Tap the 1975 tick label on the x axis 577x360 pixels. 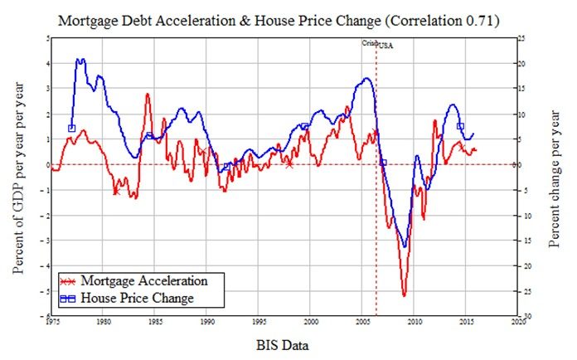pyautogui.click(x=51, y=321)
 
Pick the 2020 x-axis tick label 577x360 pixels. pyautogui.click(x=519, y=321)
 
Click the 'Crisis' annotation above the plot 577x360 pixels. pyautogui.click(x=369, y=42)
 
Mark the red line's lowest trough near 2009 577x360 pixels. pyautogui.click(x=404, y=295)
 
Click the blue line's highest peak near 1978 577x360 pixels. pyautogui.click(x=80, y=60)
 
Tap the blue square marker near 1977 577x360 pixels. pyautogui.click(x=72, y=129)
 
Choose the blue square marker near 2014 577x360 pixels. pyautogui.click(x=460, y=127)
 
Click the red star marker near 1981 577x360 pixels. pyautogui.click(x=116, y=191)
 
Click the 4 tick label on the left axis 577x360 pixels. pyautogui.click(x=46, y=63)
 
